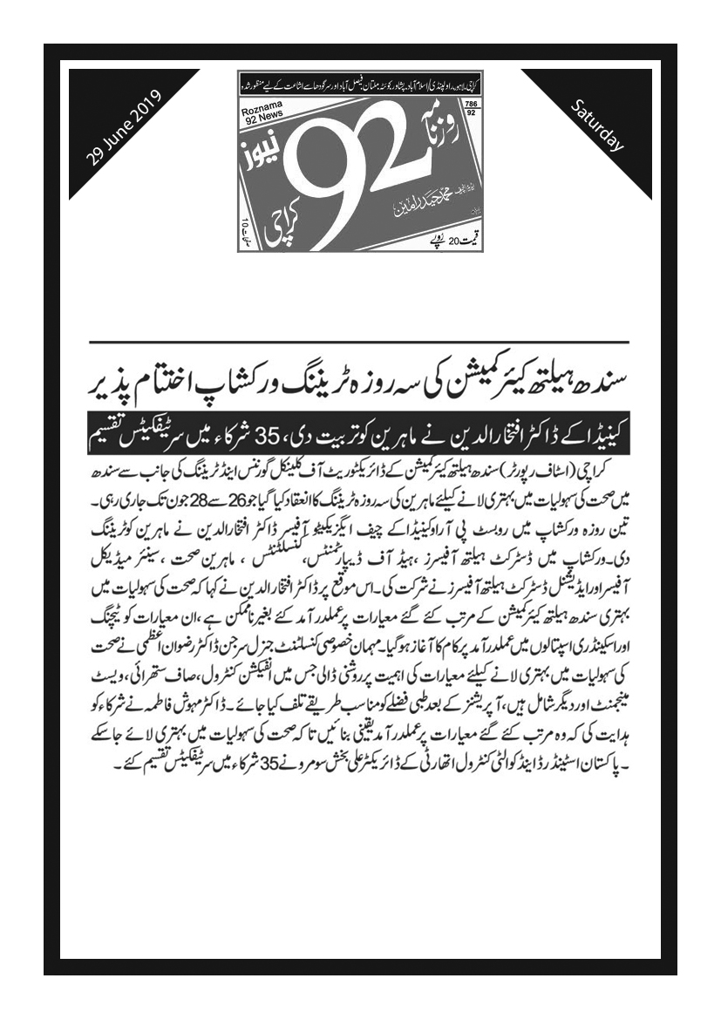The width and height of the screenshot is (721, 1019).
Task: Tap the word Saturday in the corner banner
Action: point(597,127)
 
